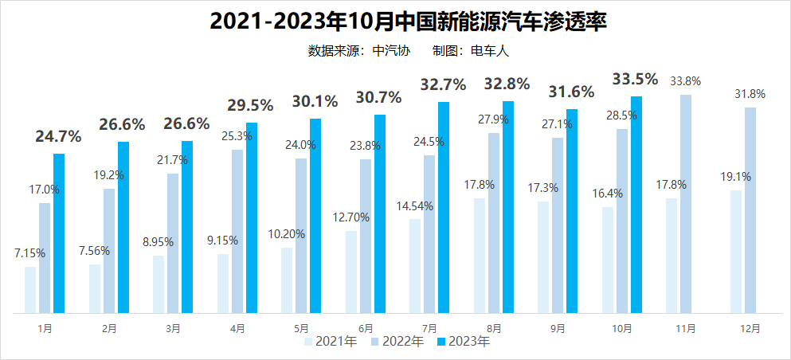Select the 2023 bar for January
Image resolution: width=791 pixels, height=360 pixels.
tap(59, 233)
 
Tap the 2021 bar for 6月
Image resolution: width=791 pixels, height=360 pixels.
tap(351, 272)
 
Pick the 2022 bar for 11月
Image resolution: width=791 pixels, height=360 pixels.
tap(686, 204)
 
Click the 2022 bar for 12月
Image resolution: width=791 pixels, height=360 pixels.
tap(750, 210)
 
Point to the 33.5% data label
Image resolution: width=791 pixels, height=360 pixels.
tap(635, 79)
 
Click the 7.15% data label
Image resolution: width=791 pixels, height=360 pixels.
tap(29, 253)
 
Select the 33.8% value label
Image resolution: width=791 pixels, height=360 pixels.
tap(686, 80)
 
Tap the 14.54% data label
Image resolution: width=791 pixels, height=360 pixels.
tap(415, 205)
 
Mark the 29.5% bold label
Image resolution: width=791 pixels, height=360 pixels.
tap(250, 105)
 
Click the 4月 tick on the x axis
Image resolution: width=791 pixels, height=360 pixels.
tap(237, 328)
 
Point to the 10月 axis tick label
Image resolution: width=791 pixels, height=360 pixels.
tap(621, 328)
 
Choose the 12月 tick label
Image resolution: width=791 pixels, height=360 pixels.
tap(750, 328)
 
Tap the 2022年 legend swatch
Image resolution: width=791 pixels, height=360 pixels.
tap(375, 342)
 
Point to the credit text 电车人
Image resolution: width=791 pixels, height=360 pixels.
tap(490, 51)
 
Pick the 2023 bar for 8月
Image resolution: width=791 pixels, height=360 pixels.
tap(508, 207)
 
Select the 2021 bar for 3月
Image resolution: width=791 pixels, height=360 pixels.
tap(159, 284)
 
